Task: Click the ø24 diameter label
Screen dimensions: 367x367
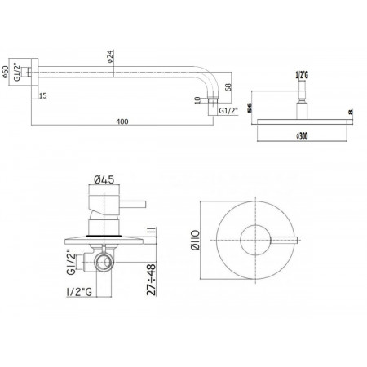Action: [x=110, y=56]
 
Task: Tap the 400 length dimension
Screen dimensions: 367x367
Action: [x=122, y=122]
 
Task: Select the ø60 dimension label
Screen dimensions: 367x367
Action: [x=6, y=72]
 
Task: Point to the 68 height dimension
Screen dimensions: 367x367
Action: [x=228, y=87]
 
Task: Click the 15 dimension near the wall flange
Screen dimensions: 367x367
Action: [x=42, y=95]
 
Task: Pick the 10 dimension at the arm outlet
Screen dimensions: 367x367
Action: [x=198, y=100]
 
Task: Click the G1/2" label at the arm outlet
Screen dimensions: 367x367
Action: [x=228, y=111]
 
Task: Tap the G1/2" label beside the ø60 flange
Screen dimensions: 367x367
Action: [x=17, y=72]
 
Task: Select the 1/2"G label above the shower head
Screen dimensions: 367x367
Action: [x=302, y=75]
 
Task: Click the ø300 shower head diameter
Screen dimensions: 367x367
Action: [x=302, y=136]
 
